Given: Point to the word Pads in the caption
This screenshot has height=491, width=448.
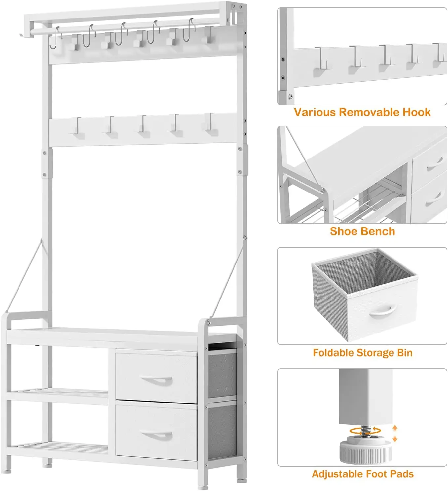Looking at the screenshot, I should tap(402, 474).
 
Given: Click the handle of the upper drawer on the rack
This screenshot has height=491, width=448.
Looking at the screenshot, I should tap(157, 381).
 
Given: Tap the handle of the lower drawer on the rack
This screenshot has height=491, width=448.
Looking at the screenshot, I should tap(157, 436).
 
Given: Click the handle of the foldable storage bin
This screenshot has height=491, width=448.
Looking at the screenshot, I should tap(383, 311).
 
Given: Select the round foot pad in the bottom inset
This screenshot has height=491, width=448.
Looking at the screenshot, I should tap(366, 451).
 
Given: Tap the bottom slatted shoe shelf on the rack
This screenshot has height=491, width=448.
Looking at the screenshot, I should tap(58, 447).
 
